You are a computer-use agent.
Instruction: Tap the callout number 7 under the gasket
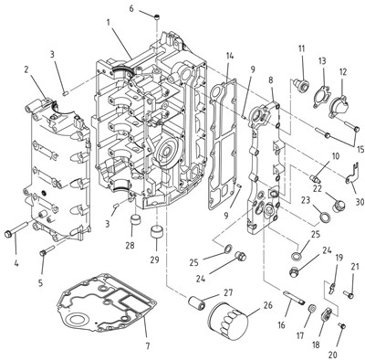pyautogui.click(x=148, y=346)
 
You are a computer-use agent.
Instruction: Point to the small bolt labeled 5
pyautogui.click(x=47, y=250)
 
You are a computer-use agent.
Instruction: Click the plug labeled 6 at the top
pyautogui.click(x=157, y=16)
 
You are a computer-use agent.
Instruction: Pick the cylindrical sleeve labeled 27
pyautogui.click(x=196, y=302)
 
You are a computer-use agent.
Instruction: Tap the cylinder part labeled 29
pyautogui.click(x=157, y=233)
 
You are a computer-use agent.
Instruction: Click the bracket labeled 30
pyautogui.click(x=352, y=175)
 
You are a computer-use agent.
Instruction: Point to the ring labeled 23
pyautogui.click(x=324, y=217)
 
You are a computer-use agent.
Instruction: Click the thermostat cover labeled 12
pyautogui.click(x=339, y=107)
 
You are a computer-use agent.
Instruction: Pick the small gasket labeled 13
pyautogui.click(x=321, y=97)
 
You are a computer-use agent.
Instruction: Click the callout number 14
pyautogui.click(x=230, y=56)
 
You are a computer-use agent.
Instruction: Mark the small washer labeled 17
pyautogui.click(x=311, y=309)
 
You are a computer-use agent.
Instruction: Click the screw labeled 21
pyautogui.click(x=349, y=294)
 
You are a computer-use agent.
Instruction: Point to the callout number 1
pyautogui.click(x=108, y=22)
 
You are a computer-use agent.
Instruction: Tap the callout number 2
pyautogui.click(x=26, y=70)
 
